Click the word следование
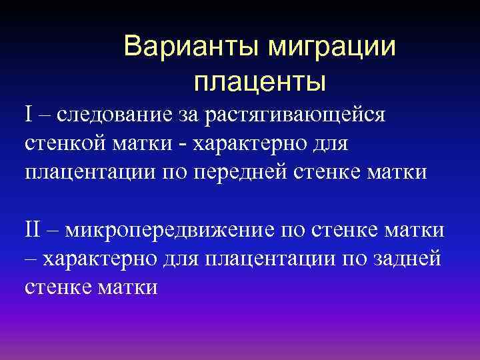pos(109,115)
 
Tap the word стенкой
pos(61,143)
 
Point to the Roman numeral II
pos(34,231)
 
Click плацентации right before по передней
pos(94,173)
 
